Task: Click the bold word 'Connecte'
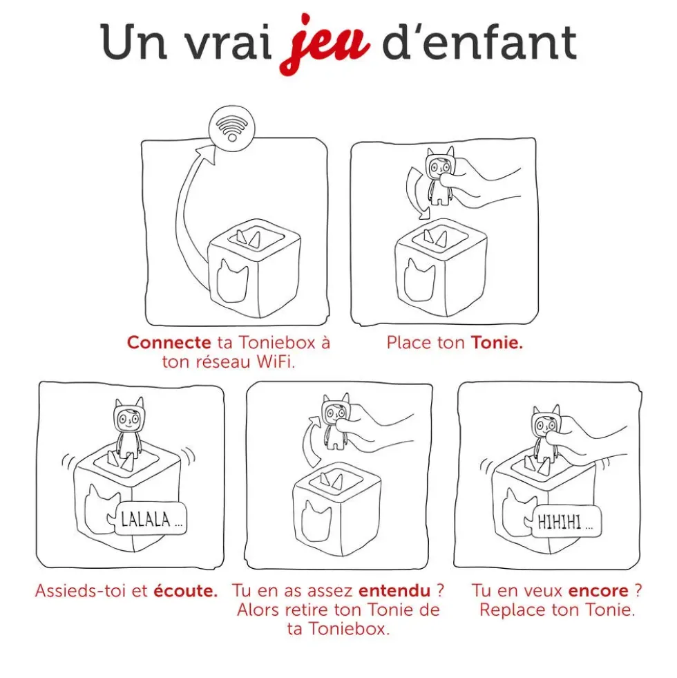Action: pyautogui.click(x=169, y=343)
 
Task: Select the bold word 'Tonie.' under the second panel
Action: pyautogui.click(x=497, y=343)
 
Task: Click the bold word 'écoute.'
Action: pyautogui.click(x=185, y=591)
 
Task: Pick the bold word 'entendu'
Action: pyautogui.click(x=394, y=591)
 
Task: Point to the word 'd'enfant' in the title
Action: pyautogui.click(x=479, y=42)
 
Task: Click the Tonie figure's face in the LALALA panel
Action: pyautogui.click(x=128, y=418)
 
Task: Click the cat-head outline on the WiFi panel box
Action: pyautogui.click(x=233, y=281)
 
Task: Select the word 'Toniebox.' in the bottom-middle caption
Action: pyautogui.click(x=350, y=629)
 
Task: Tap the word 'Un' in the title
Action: pyautogui.click(x=134, y=42)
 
